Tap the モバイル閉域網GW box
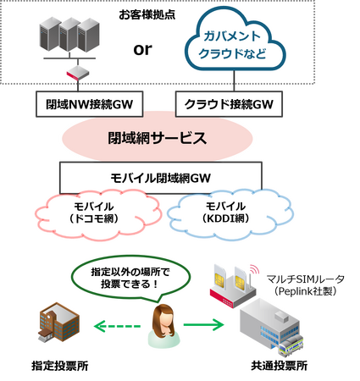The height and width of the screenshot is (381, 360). [160, 178]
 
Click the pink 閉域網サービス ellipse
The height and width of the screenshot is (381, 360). [160, 138]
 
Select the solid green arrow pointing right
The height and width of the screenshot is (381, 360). [203, 323]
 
